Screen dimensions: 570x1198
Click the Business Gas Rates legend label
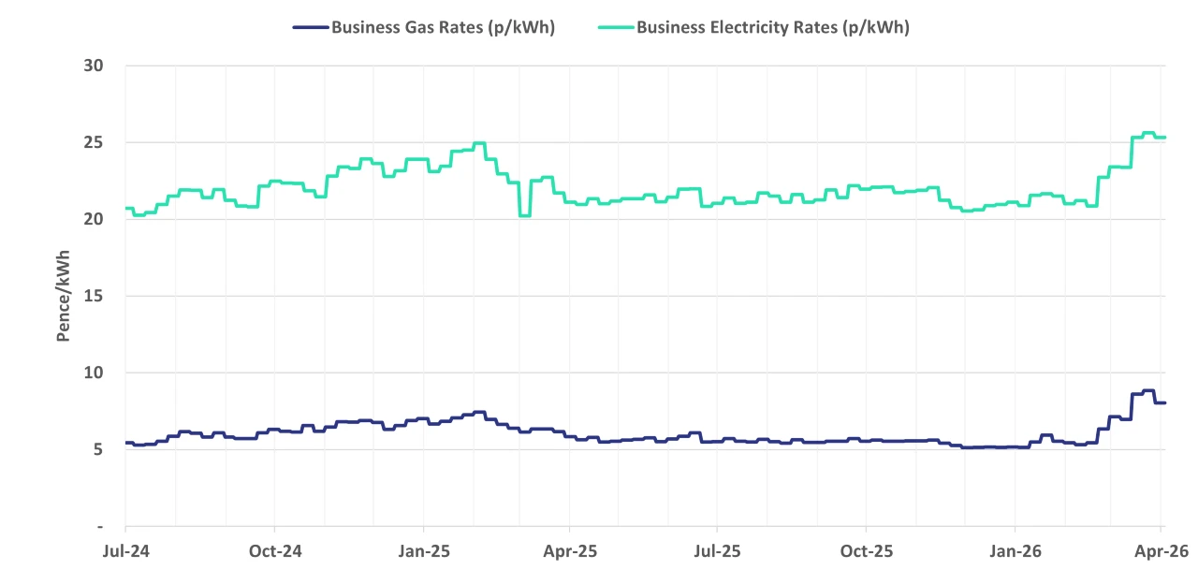(x=443, y=27)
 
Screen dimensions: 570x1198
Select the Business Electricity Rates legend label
(x=772, y=27)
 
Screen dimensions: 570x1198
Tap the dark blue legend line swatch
(x=310, y=27)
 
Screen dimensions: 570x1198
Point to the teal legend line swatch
(x=615, y=27)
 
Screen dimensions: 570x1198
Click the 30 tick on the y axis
(x=92, y=66)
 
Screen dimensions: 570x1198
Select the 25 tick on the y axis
(x=92, y=142)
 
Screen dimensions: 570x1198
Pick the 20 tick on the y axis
(x=92, y=219)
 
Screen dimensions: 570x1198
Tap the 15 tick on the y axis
(x=92, y=296)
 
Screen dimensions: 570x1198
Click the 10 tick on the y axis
(x=92, y=373)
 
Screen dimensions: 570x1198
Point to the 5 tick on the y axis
(x=96, y=449)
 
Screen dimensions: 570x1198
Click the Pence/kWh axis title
(x=64, y=296)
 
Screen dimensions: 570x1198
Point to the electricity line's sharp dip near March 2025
(x=524, y=215)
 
